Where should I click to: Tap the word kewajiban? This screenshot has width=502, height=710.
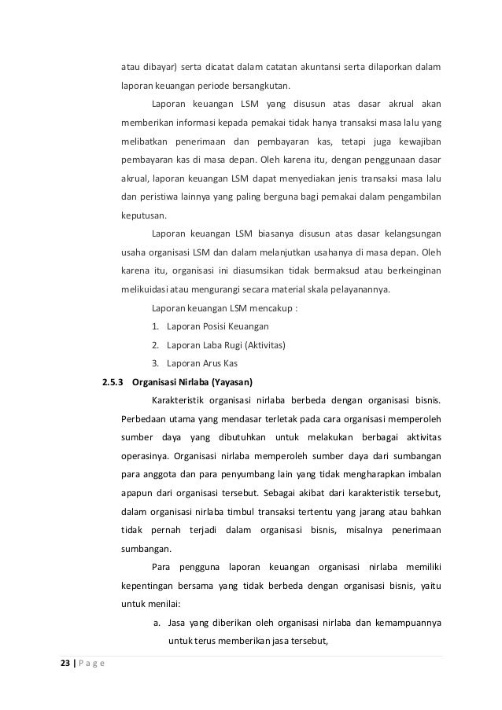coord(416,141)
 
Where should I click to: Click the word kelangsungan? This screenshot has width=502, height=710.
coord(412,233)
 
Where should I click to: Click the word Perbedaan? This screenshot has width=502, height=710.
coord(146,417)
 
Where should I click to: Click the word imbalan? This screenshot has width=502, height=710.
coord(422,474)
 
